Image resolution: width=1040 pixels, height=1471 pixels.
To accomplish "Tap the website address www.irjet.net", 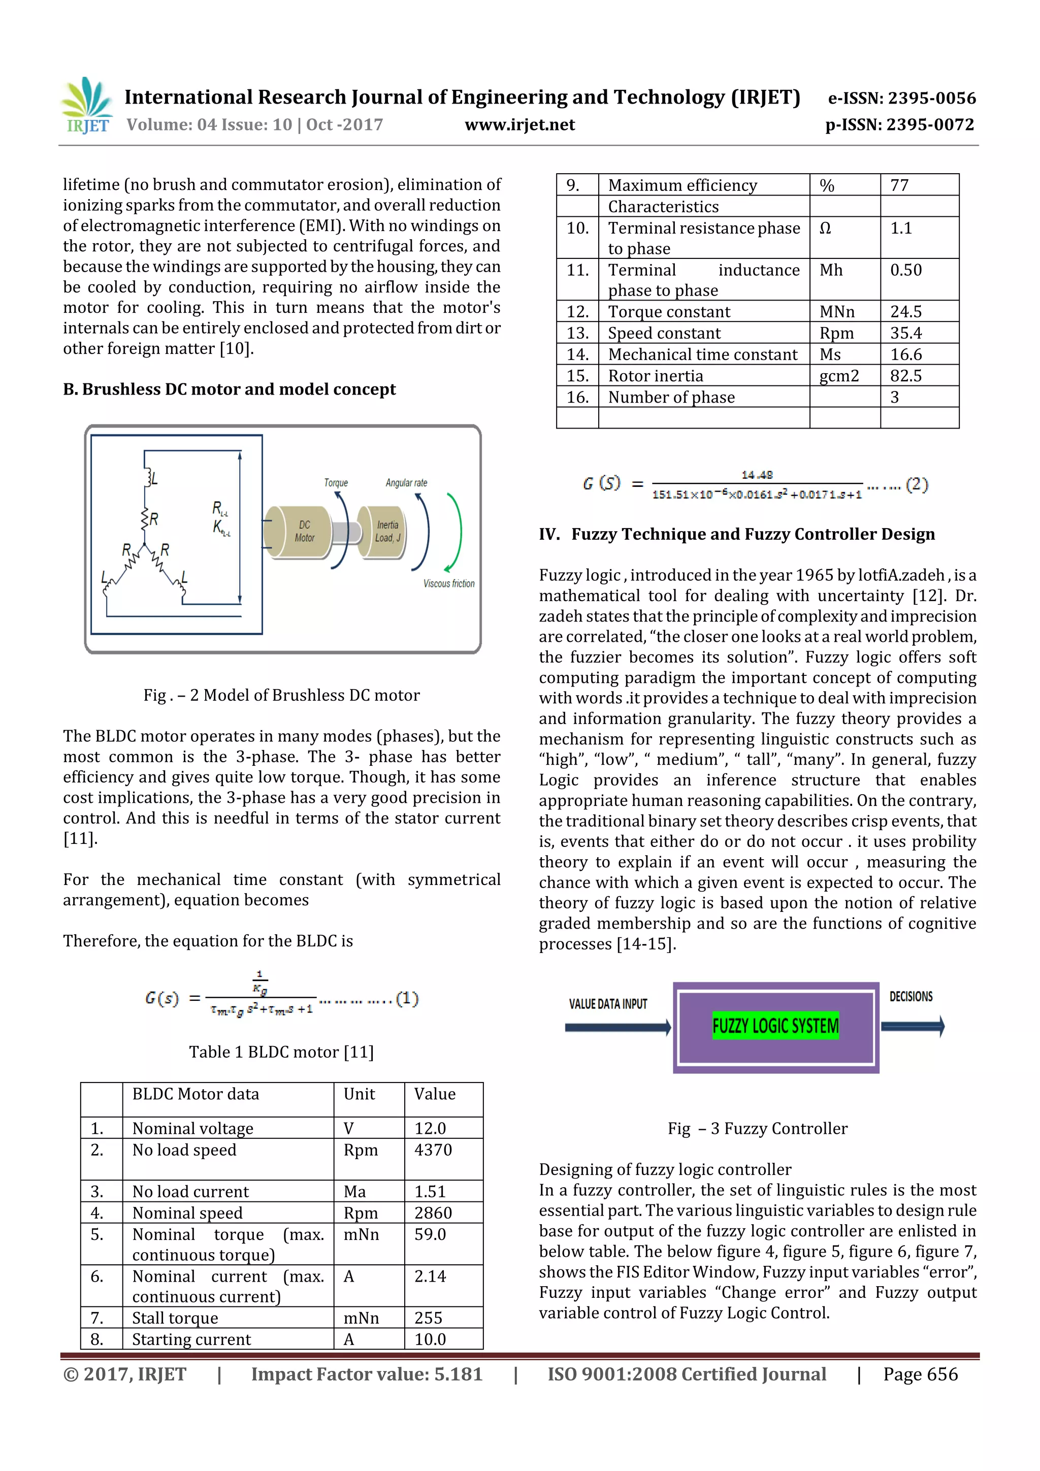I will (519, 125).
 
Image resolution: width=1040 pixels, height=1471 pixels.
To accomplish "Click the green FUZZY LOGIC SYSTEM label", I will (775, 1026).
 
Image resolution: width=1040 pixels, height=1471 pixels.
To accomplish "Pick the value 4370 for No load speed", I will (433, 1150).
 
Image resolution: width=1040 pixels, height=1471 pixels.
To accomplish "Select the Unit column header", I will (360, 1094).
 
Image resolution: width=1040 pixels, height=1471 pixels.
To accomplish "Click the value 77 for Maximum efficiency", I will (900, 186).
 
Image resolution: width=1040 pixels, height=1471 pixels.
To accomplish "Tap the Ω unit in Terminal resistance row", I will (825, 228).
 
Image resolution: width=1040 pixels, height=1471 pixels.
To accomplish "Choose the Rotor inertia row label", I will (656, 376).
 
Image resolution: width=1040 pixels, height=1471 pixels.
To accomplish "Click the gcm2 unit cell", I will (839, 376).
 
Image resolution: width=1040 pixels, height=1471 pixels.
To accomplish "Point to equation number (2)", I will (917, 484).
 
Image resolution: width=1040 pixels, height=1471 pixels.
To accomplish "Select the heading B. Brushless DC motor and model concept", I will (230, 389).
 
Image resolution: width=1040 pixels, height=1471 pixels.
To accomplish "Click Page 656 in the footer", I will (920, 1374).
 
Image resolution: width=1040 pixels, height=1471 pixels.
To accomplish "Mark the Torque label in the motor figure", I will (336, 482).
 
